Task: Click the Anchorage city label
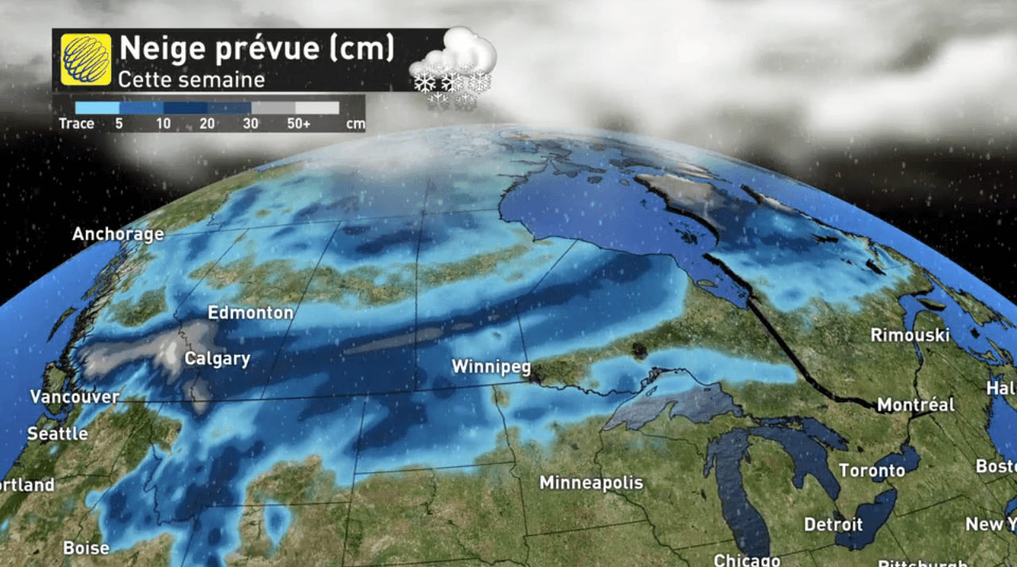tap(118, 234)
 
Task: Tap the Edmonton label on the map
tap(250, 313)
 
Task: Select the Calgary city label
tap(217, 359)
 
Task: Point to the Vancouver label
tap(75, 396)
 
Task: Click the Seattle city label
tap(57, 434)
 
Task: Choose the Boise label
tap(86, 548)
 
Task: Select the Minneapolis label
tap(591, 483)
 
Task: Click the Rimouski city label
tap(910, 335)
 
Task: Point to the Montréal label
tap(915, 405)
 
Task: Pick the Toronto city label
tap(872, 471)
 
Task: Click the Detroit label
tap(833, 525)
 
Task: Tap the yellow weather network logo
tap(86, 59)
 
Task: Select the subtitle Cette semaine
tap(191, 80)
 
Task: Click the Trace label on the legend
tap(76, 124)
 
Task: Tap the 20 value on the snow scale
tap(207, 124)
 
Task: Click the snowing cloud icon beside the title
tap(454, 67)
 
